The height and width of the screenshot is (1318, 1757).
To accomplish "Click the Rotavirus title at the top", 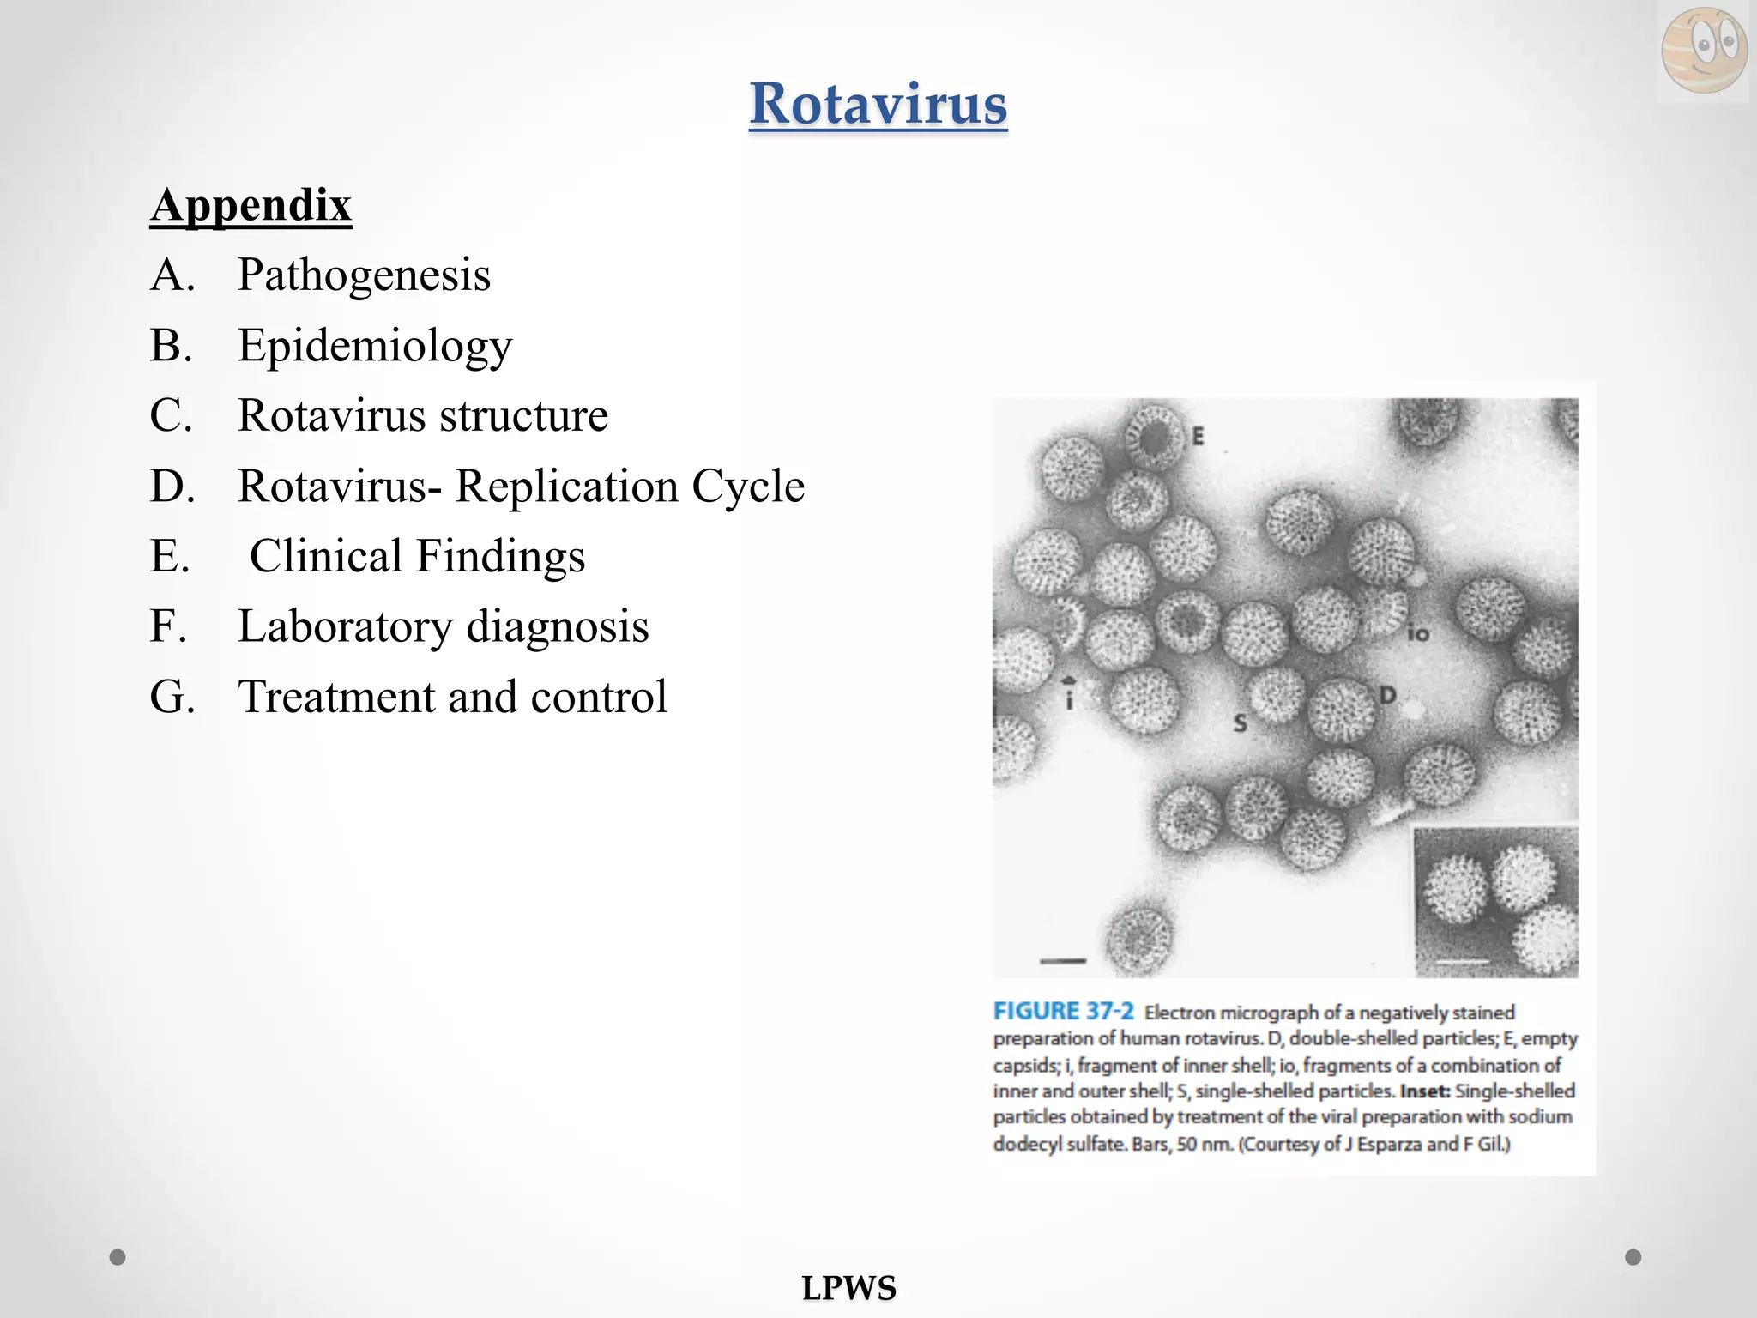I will click(878, 104).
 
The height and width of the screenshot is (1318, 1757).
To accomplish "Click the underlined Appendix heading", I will click(251, 205).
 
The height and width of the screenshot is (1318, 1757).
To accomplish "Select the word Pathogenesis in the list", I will click(364, 275).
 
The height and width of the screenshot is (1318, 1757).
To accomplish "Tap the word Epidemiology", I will click(375, 346).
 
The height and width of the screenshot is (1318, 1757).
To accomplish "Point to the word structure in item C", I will click(524, 416).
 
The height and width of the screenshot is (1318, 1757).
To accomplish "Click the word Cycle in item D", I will click(748, 487).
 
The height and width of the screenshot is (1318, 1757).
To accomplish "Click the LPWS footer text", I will click(848, 1288).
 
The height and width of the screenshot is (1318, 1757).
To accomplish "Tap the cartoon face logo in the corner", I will click(1703, 49).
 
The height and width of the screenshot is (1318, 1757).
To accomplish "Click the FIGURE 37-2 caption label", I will click(1063, 1011).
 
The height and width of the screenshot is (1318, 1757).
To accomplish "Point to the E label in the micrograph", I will click(1198, 437).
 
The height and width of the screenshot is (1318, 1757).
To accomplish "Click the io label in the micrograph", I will click(1417, 633).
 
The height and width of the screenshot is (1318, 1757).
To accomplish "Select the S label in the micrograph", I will click(1240, 723).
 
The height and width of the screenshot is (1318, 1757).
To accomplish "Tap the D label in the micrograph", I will click(1387, 694).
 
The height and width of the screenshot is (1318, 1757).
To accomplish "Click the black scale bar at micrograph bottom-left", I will click(1063, 961).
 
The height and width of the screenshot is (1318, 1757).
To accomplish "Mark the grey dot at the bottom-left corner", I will click(118, 1257).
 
